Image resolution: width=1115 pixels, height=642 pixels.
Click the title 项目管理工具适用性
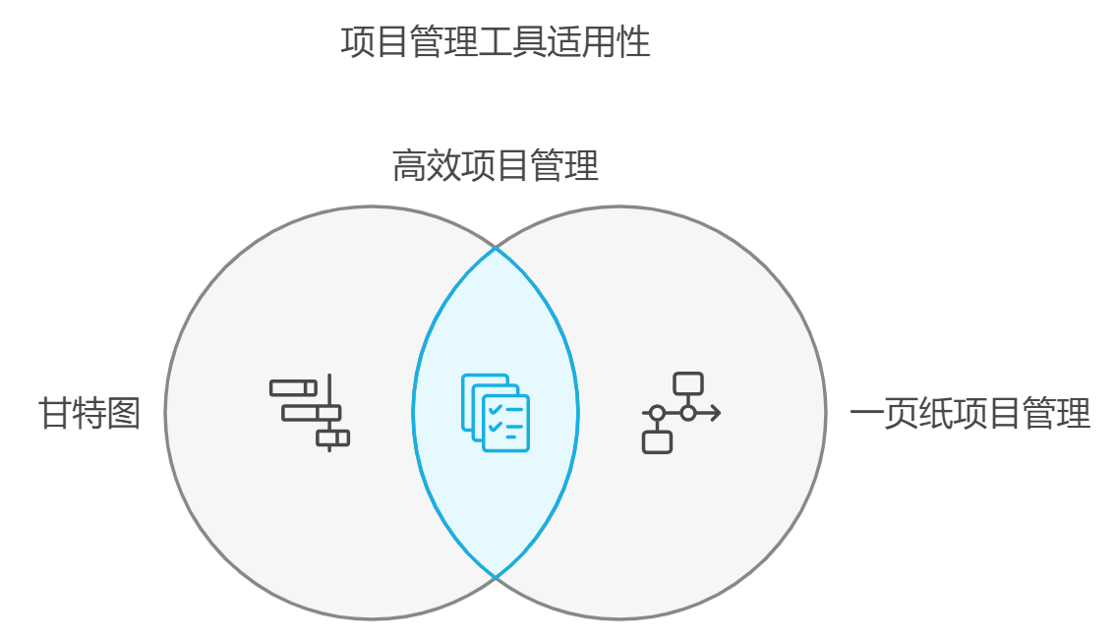496,43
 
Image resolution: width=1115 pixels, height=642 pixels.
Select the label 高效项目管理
496,166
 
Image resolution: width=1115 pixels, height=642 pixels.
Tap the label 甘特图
89,413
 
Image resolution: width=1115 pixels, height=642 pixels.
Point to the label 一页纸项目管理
969,413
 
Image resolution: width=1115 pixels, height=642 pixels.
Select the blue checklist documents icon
496,413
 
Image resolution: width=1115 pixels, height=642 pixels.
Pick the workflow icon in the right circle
680,413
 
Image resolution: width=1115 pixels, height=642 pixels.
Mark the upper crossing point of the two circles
496,249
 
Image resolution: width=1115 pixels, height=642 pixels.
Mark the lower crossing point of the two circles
496,577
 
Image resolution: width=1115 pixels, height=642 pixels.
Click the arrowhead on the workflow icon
716,413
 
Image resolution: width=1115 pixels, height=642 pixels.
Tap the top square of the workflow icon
688,383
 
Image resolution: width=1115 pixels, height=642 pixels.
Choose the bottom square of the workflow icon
657,442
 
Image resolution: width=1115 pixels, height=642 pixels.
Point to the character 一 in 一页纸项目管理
866,413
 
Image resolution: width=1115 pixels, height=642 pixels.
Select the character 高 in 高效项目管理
409,166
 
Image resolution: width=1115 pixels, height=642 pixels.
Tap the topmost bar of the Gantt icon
293,388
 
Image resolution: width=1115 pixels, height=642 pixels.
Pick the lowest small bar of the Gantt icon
332,438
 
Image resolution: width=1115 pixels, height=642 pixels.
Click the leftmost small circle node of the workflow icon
657,413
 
